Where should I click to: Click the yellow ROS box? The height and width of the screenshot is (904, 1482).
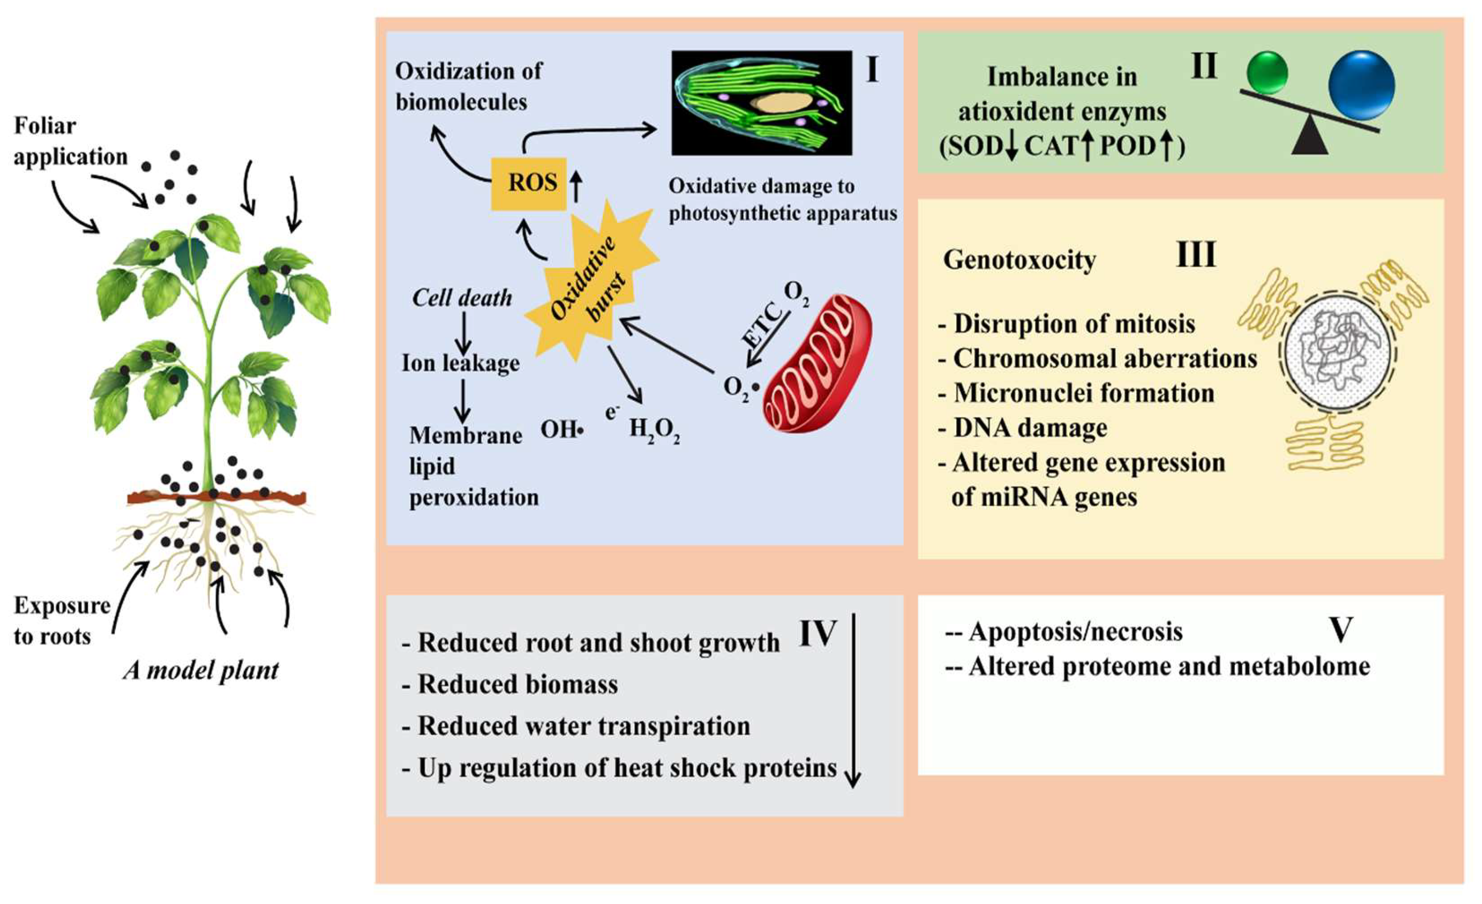tap(529, 183)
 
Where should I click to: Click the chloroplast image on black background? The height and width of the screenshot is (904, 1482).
tap(761, 103)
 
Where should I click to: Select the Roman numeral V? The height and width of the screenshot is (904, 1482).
tap(1340, 630)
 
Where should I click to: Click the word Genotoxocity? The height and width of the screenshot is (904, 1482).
tap(1019, 260)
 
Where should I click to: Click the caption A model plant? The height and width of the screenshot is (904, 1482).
tap(201, 670)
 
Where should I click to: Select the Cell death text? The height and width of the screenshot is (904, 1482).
tap(462, 298)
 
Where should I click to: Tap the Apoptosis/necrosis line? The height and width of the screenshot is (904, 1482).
tap(1064, 632)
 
